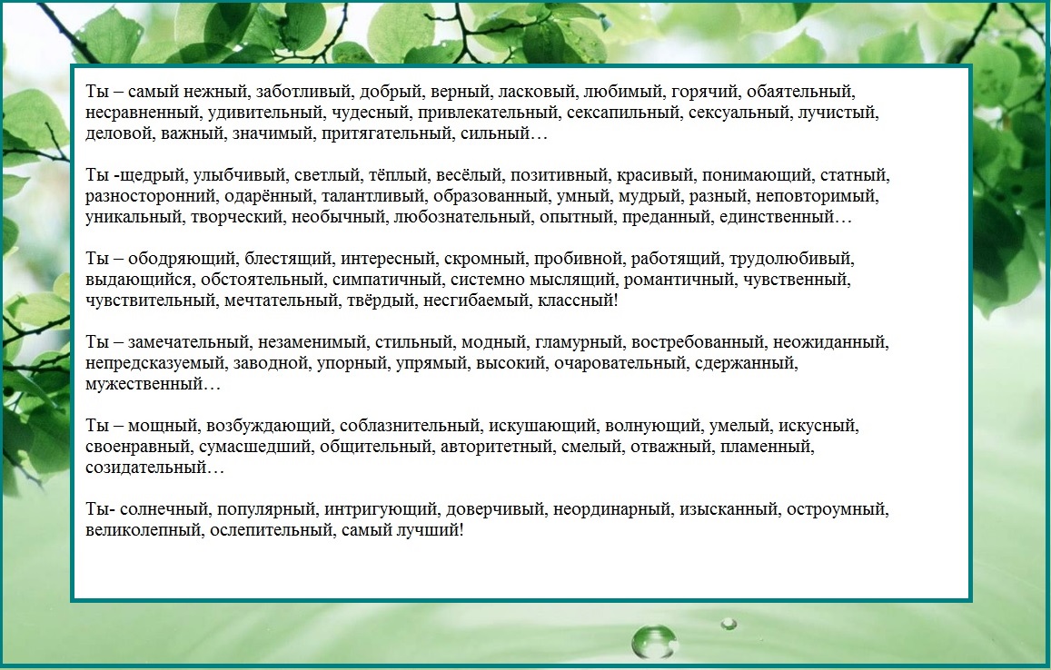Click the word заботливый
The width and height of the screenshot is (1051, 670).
pos(303,92)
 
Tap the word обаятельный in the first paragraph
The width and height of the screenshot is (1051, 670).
pos(800,92)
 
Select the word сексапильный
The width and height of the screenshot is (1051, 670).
pos(622,113)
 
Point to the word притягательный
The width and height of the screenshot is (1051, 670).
pos(386,133)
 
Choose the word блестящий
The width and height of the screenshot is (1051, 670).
pos(288,259)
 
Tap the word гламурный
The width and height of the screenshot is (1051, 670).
pos(579,342)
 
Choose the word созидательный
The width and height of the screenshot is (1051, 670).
pos(145,467)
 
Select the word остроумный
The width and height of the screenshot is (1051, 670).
pos(836,509)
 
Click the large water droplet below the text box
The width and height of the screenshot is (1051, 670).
pos(652,641)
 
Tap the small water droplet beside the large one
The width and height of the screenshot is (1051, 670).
pos(729,625)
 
